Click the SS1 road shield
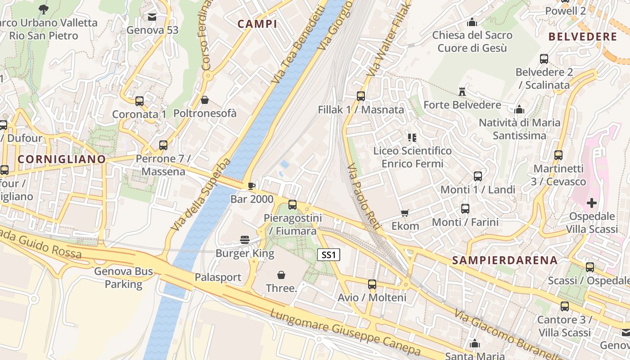tap(328, 255)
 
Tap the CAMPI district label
tap(257, 24)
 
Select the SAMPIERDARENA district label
tap(505, 260)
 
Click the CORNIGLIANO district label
tap(62, 159)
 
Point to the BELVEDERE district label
tap(583, 37)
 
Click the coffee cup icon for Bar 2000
tap(252, 186)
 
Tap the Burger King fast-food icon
tap(245, 240)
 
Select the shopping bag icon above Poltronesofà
tap(205, 100)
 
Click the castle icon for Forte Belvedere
tap(462, 92)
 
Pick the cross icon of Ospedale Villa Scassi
tap(592, 203)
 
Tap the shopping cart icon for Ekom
tap(405, 213)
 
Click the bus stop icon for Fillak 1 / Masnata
tap(360, 96)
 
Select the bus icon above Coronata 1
tap(139, 101)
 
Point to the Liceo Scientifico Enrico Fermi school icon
tap(412, 137)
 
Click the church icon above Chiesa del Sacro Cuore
tap(472, 22)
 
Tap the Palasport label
tap(218, 277)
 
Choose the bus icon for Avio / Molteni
tap(372, 284)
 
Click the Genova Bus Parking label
tap(123, 278)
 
